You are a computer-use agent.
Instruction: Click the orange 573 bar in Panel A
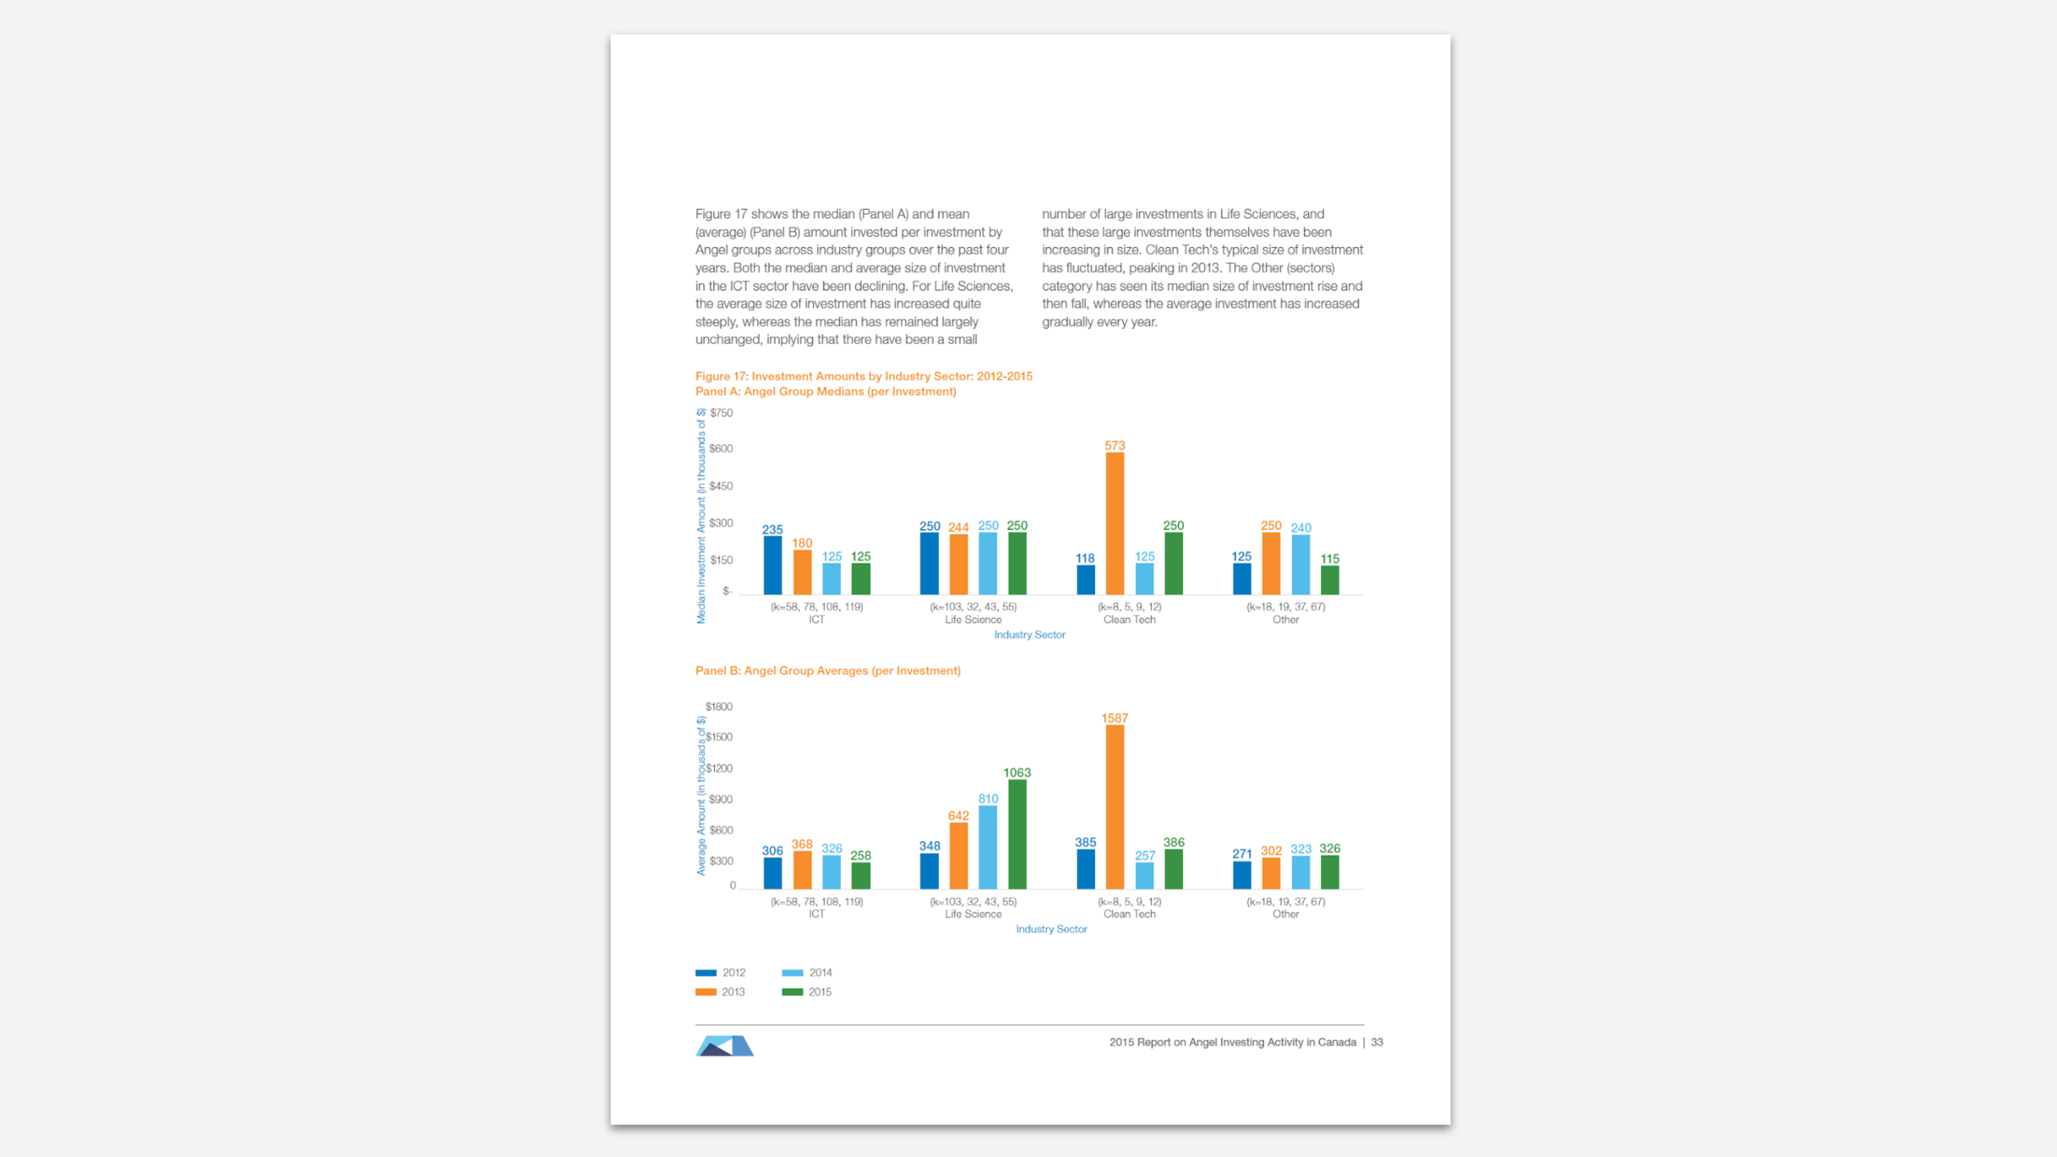tap(1114, 523)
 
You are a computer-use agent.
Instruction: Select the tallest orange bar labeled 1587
tap(1114, 806)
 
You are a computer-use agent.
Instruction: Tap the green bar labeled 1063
tap(1017, 834)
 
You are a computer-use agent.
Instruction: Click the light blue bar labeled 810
tap(987, 847)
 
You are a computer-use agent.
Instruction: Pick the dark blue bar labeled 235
tap(772, 565)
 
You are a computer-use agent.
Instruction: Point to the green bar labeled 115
tap(1329, 580)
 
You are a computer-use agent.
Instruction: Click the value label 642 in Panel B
tap(958, 815)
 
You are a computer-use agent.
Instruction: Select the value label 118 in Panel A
tap(1084, 558)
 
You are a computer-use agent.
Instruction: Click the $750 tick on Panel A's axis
tap(721, 413)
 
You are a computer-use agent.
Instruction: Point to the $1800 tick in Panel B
tap(718, 706)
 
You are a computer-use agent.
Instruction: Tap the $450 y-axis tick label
tap(721, 486)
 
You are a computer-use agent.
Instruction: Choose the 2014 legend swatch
tap(792, 973)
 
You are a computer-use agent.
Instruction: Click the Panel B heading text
tap(828, 671)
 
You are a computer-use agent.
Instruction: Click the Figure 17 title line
tap(863, 376)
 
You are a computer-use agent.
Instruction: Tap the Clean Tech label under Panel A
tap(1129, 620)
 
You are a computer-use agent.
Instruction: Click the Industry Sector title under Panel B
tap(1051, 929)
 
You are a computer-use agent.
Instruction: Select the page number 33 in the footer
tap(1377, 1042)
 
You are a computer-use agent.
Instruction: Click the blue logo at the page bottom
tap(724, 1046)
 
